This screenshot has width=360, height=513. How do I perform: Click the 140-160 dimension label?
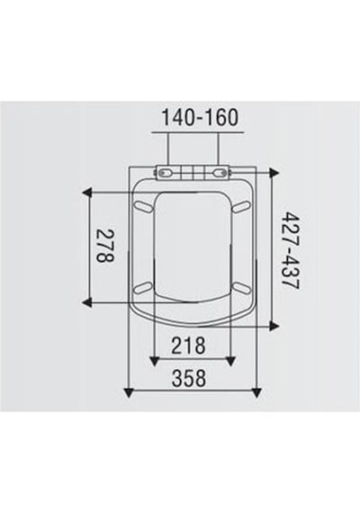(x=201, y=118)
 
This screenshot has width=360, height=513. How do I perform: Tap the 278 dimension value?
(x=105, y=246)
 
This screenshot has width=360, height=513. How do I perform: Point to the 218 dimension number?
(x=189, y=346)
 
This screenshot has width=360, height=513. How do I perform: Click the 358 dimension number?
(x=189, y=378)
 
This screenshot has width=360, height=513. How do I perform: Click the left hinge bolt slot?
(x=166, y=173)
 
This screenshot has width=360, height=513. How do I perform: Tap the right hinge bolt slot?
(x=220, y=173)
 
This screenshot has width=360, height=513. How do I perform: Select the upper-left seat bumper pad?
(x=143, y=207)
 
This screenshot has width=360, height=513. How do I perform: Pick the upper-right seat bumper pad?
(x=241, y=207)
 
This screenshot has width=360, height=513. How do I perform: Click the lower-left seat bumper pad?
(x=143, y=288)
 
